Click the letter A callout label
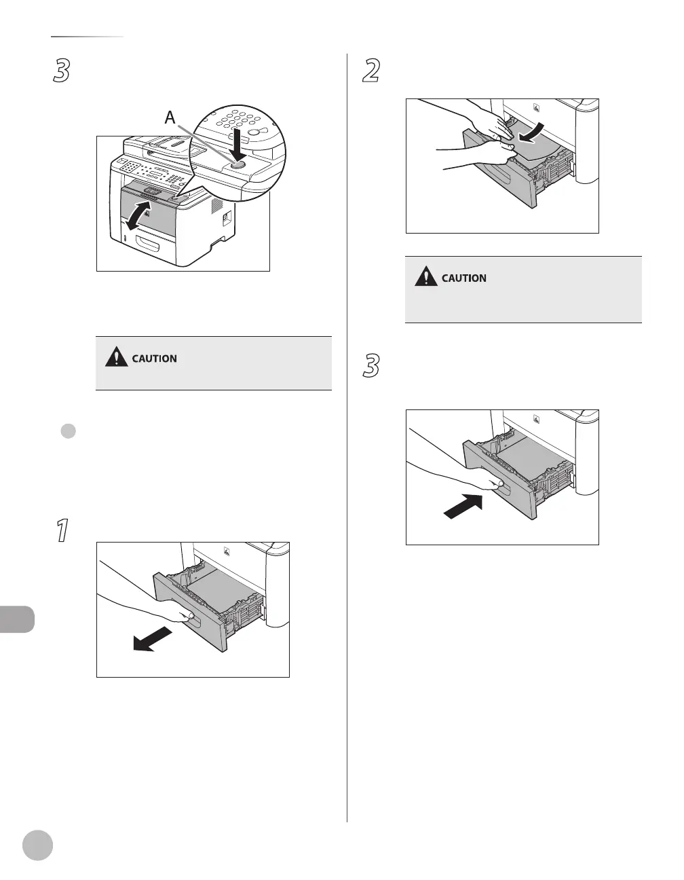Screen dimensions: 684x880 point(170,117)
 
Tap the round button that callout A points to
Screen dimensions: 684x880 point(237,164)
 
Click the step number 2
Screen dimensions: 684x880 point(371,71)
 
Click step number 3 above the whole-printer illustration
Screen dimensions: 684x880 point(62,71)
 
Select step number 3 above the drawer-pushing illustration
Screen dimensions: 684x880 point(371,367)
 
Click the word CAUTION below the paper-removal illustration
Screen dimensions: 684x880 point(464,278)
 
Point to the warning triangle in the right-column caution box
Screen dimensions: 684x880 point(426,276)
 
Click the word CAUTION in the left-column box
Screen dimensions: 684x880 point(155,359)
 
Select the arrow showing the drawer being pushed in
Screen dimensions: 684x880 point(463,507)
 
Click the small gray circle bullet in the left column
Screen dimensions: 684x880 point(68,433)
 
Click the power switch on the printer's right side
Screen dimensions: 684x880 point(227,219)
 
